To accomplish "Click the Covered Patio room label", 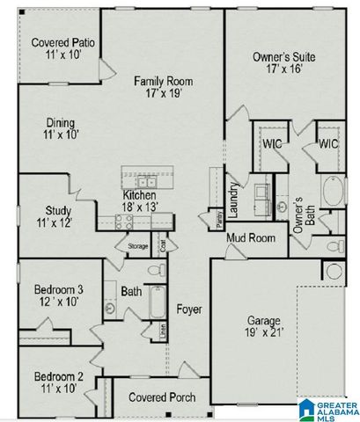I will pos(62,42).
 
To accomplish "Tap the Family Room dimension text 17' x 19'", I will pos(164,94).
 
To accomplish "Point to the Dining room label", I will pos(61,123).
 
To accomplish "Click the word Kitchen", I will pos(140,195).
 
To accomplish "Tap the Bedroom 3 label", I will pos(59,290).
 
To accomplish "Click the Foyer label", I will pos(190,309).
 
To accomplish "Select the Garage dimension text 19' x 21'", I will pos(262,332).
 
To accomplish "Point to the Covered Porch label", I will pos(156,397).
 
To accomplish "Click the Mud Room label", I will pos(251,237).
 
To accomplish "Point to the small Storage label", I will pos(137,246).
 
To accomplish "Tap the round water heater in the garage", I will pos(335,272).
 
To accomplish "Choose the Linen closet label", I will pos(163,331).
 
